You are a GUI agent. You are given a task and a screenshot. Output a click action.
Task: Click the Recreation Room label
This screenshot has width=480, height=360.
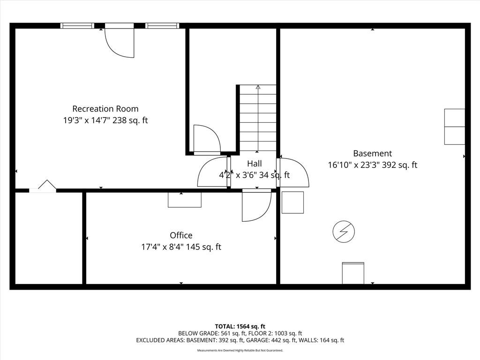coord(105,109)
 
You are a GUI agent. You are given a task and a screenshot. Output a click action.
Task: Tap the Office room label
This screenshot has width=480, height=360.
coord(181,235)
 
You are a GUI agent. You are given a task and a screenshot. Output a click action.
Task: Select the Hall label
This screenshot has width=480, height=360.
coord(255,163)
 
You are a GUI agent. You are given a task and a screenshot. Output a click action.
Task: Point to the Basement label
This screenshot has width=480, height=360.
coord(373,153)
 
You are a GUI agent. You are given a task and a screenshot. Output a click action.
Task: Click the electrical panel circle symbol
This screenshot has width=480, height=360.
coord(344,232)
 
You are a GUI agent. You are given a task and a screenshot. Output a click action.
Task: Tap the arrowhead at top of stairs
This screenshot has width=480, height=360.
coord(258,87)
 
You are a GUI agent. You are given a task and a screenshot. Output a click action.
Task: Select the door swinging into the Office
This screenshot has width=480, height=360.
coord(256,206)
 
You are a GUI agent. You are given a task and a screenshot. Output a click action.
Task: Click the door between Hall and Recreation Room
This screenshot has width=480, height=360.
coord(213,172)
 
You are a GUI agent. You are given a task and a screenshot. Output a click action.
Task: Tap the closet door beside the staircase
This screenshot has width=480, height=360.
coord(207,139)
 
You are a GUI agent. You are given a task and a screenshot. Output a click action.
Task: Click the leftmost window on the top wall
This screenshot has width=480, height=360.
coord(77,26)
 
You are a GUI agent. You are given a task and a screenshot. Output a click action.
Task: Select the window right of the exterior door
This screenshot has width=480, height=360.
coord(162,26)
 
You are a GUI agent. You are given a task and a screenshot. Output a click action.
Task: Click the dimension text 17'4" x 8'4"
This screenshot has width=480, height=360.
coord(162,247)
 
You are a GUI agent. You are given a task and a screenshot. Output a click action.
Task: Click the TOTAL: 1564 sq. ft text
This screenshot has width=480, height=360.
coord(240,326)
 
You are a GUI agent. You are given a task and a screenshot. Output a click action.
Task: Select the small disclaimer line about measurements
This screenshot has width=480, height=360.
coord(240,350)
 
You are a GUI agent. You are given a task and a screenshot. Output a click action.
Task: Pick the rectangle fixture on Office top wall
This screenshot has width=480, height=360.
coord(185,200)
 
